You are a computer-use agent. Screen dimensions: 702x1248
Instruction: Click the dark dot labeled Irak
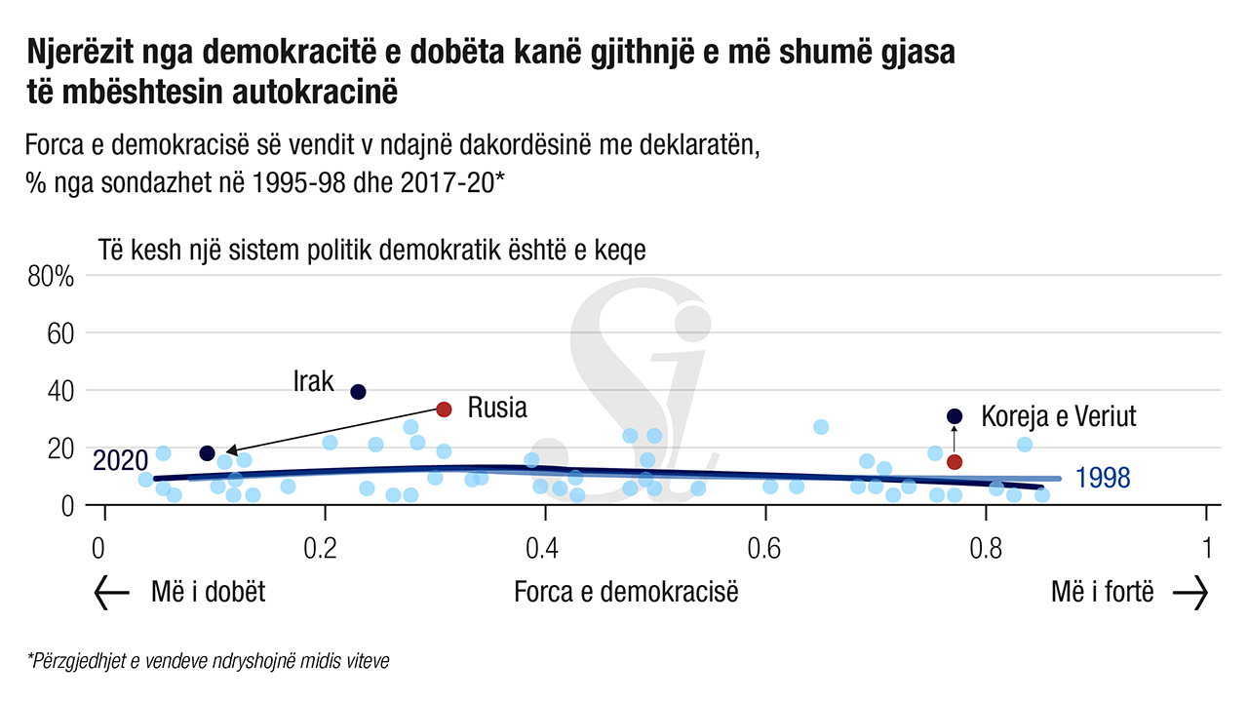[358, 392]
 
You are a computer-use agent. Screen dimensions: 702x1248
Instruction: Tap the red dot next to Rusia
[444, 409]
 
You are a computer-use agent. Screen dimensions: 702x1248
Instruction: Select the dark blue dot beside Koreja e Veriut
[955, 416]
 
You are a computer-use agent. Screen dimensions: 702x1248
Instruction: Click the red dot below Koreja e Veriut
[955, 462]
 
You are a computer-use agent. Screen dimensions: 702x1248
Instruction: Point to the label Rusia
[497, 408]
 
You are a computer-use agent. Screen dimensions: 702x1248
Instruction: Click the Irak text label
[314, 381]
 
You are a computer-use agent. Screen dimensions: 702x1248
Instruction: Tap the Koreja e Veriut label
[1059, 416]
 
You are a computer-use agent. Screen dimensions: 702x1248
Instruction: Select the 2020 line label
[120, 460]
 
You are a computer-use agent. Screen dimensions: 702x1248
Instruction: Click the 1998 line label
[1104, 478]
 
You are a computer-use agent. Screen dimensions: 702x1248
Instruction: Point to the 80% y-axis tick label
[51, 277]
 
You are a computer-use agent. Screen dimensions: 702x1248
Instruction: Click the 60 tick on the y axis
[60, 334]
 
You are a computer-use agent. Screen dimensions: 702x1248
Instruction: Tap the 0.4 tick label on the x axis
[542, 547]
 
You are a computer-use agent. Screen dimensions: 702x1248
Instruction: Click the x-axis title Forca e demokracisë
[626, 592]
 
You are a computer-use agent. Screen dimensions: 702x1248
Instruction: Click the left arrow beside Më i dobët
[111, 593]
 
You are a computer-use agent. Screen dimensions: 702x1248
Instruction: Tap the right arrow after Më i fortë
[1190, 593]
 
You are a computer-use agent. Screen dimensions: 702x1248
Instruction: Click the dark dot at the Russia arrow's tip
[207, 453]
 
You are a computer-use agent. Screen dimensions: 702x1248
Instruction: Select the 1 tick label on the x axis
[1207, 547]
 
